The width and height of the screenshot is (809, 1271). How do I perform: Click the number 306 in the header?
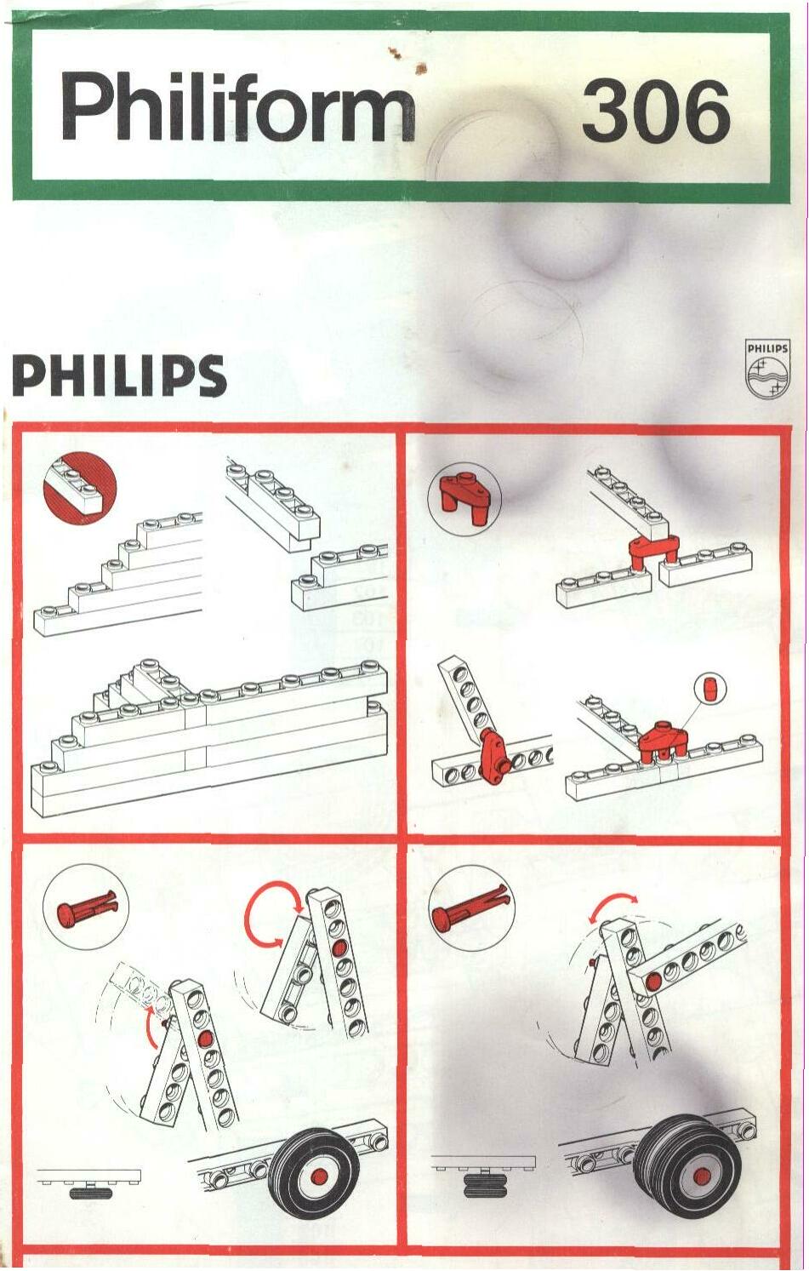(x=656, y=111)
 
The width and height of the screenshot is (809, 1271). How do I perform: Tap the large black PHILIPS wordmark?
(x=119, y=375)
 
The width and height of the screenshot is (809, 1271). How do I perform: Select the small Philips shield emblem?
(x=767, y=369)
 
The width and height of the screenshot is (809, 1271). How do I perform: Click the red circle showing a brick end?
(x=80, y=488)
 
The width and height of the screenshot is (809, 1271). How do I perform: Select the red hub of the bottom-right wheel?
(x=703, y=1175)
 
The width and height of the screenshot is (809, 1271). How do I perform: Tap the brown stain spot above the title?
(x=420, y=69)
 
